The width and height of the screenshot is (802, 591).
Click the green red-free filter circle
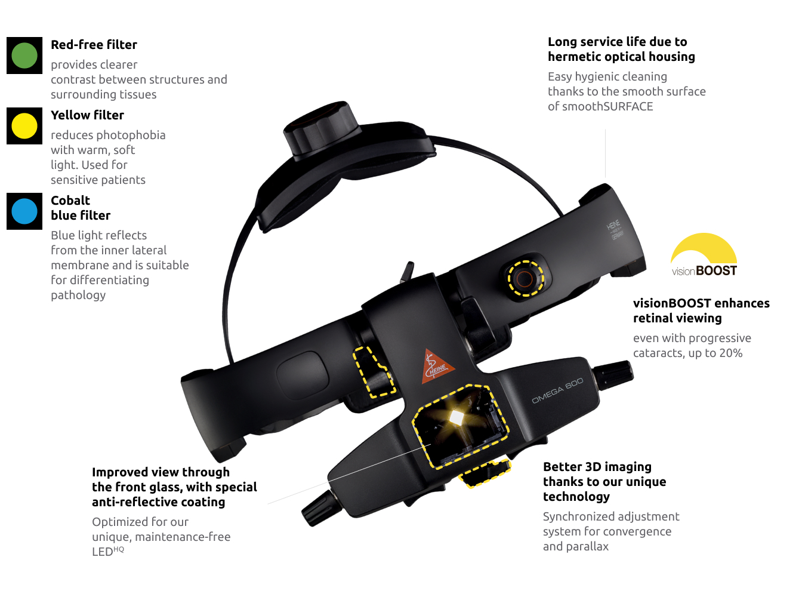tap(24, 56)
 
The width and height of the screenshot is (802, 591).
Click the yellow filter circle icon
tap(24, 126)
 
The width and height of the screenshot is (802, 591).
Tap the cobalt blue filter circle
tap(24, 211)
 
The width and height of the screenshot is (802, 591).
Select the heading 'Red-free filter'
tap(94, 45)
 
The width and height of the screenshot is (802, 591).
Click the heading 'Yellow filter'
tap(87, 115)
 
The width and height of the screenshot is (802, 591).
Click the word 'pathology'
tap(78, 295)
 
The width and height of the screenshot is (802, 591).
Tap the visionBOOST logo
tap(704, 256)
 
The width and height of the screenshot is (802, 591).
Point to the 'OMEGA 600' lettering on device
tap(557, 390)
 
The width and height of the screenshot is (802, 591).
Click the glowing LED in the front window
tap(456, 418)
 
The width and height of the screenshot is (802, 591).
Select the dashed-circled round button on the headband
tap(525, 278)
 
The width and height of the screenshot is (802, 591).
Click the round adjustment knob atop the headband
tap(322, 125)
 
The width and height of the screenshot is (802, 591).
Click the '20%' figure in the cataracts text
tap(730, 353)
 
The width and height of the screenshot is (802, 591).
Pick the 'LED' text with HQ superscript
tap(107, 552)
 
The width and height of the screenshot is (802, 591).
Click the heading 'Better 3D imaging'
tap(597, 467)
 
